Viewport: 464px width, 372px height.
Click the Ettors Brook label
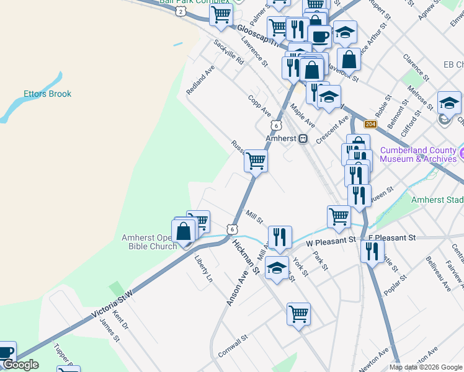click(48, 94)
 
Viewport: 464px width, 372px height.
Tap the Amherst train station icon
click(303, 139)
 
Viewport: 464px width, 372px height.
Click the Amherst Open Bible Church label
click(149, 242)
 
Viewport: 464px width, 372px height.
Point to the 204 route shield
click(370, 124)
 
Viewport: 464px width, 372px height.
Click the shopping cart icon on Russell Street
click(256, 161)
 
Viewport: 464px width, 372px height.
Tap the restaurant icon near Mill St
click(280, 237)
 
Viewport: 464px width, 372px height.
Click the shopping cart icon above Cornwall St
click(298, 314)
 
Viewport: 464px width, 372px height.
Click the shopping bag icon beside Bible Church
click(184, 231)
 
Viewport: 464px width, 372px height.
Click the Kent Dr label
click(120, 322)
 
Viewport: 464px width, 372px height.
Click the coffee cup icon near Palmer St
click(319, 36)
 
